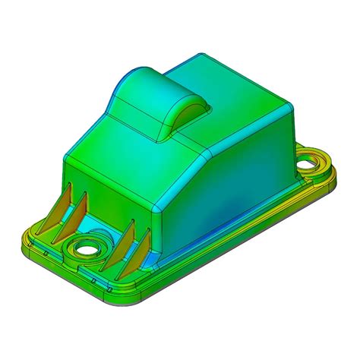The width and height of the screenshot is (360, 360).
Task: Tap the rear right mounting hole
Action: (311, 163)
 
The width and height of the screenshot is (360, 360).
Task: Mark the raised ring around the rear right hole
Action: (320, 160)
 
